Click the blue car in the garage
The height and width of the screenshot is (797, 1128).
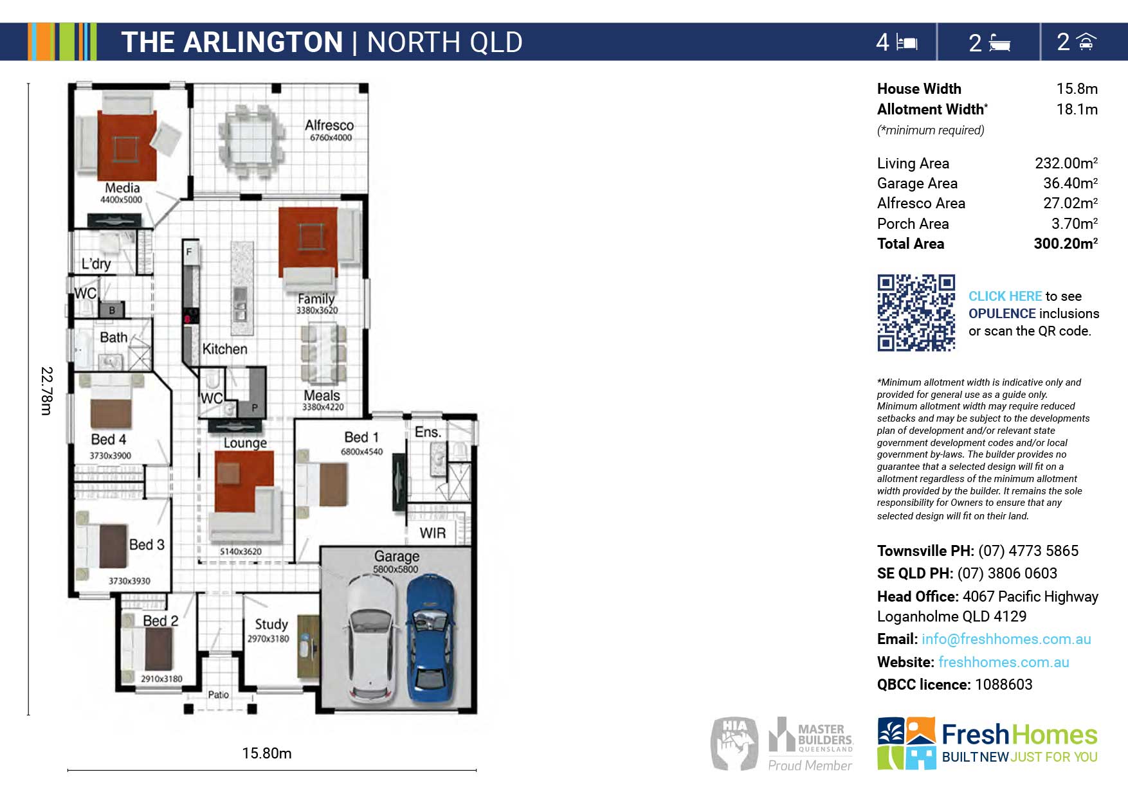point(432,639)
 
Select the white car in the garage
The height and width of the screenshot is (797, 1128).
point(372,639)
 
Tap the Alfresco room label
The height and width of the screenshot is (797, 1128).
point(329,125)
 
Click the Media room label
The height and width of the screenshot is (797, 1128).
point(122,188)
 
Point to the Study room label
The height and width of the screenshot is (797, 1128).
point(271,624)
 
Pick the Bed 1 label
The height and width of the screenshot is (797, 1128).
point(361,437)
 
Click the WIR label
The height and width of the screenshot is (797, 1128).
point(433,533)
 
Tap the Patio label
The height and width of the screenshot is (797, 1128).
point(219,695)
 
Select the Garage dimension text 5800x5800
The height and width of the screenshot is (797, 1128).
point(396,569)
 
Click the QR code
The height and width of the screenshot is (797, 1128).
point(916,313)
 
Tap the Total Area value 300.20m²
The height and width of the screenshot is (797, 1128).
point(1066,244)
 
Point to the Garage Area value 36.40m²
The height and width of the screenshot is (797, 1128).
point(1070,183)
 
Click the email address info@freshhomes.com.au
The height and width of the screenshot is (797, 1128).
point(1006,639)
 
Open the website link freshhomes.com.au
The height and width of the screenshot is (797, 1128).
point(1004,662)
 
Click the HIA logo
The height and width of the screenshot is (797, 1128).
point(734,744)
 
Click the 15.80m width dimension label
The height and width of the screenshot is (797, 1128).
point(267,753)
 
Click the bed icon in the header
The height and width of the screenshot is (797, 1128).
point(907,42)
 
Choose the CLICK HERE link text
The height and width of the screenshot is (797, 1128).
point(1005,296)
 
